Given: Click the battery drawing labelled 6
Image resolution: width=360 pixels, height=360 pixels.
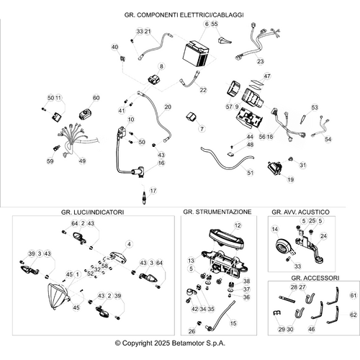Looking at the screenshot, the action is pos(196,54).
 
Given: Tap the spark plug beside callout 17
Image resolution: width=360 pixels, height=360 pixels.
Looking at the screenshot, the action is pos(144,198).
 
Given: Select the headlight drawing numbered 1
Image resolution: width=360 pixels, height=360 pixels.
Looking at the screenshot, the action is pos(58,297).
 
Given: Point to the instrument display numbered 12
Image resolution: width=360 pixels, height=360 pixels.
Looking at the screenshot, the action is pos(227,238).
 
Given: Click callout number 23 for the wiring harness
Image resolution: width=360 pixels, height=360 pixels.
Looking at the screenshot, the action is pos(261,61).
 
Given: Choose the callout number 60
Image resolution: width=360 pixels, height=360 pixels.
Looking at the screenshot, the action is pos(96,98).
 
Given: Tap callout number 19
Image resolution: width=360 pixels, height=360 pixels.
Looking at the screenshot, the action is pos(290,179).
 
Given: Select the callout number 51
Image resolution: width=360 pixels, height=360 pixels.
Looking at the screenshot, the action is pos(250,173).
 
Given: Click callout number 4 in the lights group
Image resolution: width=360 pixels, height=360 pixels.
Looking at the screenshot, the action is pos(129,244).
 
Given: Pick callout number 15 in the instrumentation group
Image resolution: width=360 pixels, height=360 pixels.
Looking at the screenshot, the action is pos(233,323).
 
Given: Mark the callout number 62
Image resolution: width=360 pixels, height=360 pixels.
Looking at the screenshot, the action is pos(354,315).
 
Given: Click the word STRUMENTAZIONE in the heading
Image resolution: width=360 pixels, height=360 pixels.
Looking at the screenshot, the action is pos(224,212).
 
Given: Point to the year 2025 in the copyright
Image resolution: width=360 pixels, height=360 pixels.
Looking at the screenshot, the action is pos(162,343).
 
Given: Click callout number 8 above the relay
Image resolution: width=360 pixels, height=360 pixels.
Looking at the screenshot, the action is pos(161,66).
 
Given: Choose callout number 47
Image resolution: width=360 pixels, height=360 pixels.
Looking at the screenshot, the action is pos(267,76).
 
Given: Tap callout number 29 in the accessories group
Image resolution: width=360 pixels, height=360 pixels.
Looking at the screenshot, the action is pos(282,329).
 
